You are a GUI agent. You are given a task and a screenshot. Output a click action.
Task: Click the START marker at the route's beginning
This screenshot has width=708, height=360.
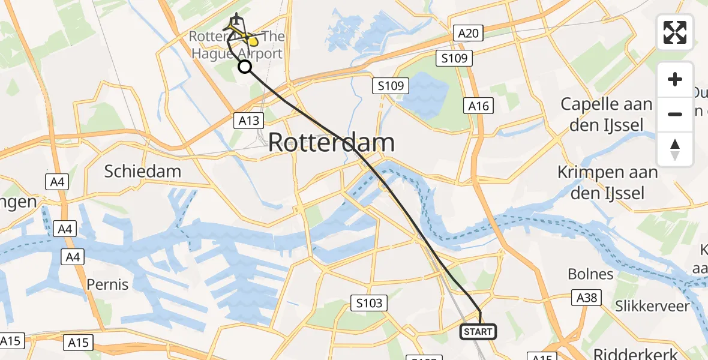478,331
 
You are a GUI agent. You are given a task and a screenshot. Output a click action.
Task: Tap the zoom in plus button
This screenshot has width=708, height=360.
675,79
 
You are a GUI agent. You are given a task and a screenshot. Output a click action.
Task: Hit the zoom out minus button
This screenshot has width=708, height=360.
675,114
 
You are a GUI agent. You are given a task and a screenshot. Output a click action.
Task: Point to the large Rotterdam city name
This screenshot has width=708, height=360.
331,143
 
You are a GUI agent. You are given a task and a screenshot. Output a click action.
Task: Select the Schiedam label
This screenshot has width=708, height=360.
143,171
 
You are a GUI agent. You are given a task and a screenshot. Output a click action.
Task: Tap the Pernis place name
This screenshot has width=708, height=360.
107,284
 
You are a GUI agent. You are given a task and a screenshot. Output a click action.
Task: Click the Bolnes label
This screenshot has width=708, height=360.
591,274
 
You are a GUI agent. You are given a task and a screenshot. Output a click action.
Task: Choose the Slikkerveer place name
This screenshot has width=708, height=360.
652,306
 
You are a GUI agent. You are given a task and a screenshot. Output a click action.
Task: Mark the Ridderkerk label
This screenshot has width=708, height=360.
636,353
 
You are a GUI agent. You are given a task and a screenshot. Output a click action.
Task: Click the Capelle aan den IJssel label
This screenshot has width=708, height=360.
606,114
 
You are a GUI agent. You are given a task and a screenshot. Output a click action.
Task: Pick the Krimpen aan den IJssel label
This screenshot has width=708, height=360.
607,182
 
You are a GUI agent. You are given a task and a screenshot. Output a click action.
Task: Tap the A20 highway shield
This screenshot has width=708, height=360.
468,33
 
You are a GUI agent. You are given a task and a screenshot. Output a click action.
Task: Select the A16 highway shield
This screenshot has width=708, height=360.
479,106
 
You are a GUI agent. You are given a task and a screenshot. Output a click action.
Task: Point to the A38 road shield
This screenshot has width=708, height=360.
586,298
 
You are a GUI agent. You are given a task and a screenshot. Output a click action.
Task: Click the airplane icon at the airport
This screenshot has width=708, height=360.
237,20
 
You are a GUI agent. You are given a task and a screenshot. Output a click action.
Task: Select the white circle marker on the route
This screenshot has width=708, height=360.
245,67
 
